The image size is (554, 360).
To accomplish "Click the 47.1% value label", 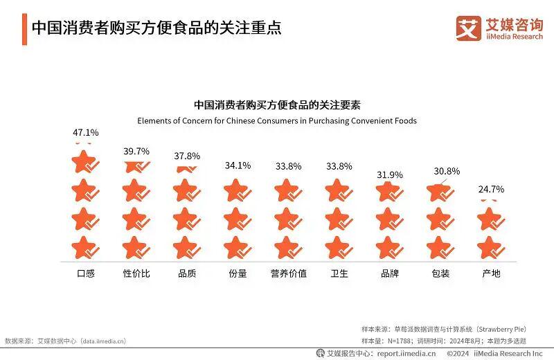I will (86, 132).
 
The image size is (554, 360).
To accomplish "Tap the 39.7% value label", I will (136, 151).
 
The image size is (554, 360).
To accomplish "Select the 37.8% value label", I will (187, 156).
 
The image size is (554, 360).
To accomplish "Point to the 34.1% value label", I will (238, 165).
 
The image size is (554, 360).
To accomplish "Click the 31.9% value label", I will (390, 174).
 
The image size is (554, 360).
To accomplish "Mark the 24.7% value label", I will (491, 189).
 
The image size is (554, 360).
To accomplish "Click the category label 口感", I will (86, 273).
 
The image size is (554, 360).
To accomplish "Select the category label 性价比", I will (136, 273).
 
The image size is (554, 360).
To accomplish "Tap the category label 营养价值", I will (289, 273).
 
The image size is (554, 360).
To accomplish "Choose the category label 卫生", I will (339, 273).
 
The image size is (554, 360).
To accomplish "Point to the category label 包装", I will (440, 273).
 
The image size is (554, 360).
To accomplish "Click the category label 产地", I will (491, 273).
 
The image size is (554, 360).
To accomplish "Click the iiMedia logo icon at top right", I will (468, 28).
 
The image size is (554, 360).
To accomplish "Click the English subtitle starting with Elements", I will (277, 120).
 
